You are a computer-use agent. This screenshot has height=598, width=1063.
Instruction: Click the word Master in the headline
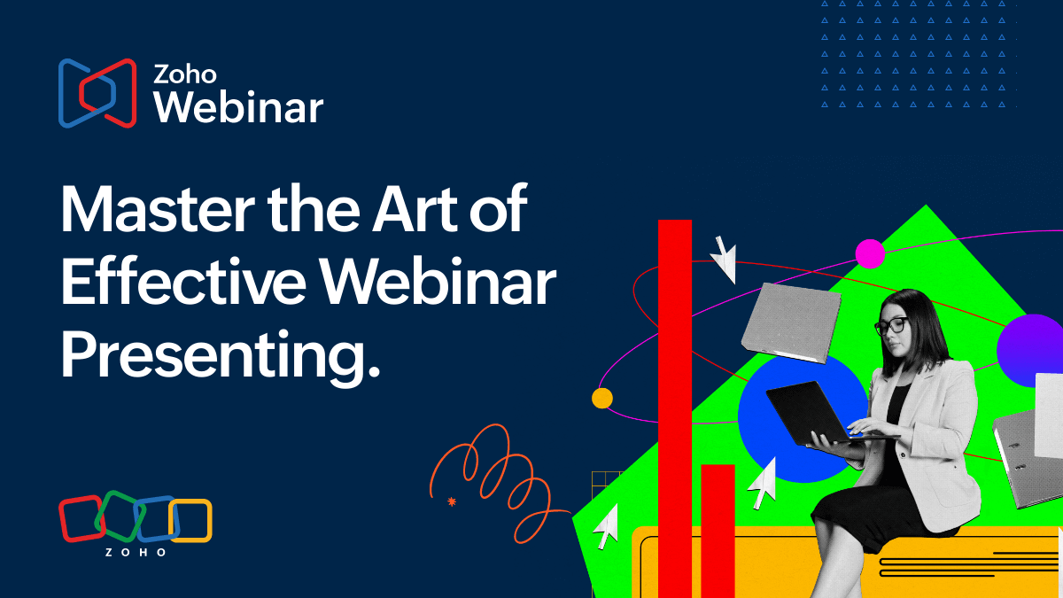[x=158, y=209]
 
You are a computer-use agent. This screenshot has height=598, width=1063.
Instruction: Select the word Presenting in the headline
[x=221, y=355]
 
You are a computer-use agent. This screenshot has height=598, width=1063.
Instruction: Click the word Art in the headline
[x=415, y=209]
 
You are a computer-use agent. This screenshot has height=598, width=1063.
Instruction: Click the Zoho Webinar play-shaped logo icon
[x=97, y=93]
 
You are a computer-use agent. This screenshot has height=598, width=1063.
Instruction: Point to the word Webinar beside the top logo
[x=238, y=107]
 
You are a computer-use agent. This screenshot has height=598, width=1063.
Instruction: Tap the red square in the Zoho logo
[x=81, y=519]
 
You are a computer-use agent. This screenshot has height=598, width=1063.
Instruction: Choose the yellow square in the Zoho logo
[x=190, y=521]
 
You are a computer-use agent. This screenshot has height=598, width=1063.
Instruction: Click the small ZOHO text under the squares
[x=136, y=553]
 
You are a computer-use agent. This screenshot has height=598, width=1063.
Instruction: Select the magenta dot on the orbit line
[x=870, y=254]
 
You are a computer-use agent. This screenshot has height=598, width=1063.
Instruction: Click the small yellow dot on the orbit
[x=602, y=398]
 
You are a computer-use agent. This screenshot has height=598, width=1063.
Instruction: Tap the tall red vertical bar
[x=675, y=408]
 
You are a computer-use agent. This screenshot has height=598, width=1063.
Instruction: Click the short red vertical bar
[x=718, y=531]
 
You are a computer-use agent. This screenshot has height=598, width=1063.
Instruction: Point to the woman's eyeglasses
[x=891, y=327]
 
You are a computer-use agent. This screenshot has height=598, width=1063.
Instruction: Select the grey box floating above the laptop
[x=791, y=322]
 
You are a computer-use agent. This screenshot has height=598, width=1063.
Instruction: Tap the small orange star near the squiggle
[x=451, y=501]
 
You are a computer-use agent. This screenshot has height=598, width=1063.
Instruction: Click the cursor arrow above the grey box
[x=725, y=260]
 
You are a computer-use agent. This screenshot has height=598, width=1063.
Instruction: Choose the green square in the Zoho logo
[x=120, y=516]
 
